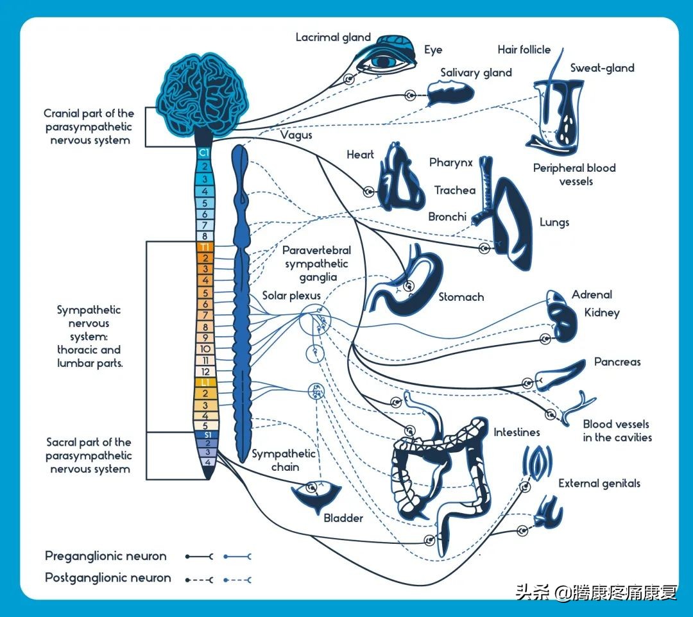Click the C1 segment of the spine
pyautogui.click(x=205, y=153)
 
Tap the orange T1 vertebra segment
pyautogui.click(x=205, y=247)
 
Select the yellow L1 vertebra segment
pyautogui.click(x=205, y=382)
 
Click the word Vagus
pyautogui.click(x=296, y=135)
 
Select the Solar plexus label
pyautogui.click(x=291, y=296)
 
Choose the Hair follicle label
pyautogui.click(x=524, y=49)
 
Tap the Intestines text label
pyautogui.click(x=517, y=432)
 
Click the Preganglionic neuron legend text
pyautogui.click(x=105, y=556)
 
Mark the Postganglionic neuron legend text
pyautogui.click(x=108, y=578)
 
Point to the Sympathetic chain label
pyautogui.click(x=284, y=460)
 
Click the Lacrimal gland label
pyautogui.click(x=333, y=37)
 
